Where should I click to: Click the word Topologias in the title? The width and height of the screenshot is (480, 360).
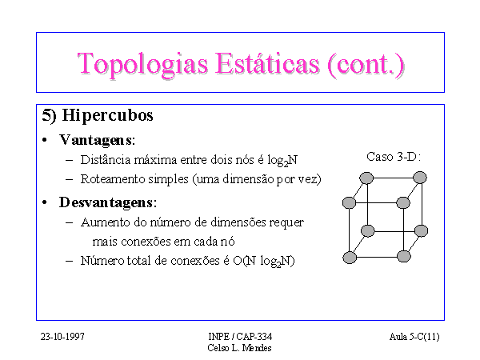pos(142,65)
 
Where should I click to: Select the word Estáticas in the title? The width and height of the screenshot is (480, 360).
pos(267,64)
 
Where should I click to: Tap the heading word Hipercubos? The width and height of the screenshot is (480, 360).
pos(107,116)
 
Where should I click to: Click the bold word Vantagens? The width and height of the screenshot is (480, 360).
pos(97,141)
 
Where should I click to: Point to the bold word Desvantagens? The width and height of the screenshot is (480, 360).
pos(107,202)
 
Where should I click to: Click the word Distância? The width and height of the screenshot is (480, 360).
pos(106,160)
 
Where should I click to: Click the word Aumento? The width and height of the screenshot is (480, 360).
pos(106,222)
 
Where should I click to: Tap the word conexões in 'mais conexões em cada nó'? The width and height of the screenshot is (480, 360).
pos(146,242)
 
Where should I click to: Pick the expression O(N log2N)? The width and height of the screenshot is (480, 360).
pos(263,261)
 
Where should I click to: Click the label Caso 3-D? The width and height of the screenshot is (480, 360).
pos(394,157)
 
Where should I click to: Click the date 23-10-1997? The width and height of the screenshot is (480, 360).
pos(62,337)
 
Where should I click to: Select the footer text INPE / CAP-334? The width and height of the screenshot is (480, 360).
pos(240,337)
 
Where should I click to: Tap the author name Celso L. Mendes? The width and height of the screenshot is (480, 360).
pos(239,348)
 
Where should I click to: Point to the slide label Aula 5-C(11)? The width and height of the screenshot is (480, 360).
pos(414,337)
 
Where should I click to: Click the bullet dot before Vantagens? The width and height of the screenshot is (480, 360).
pos(45,141)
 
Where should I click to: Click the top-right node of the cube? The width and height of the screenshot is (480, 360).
pos(420,178)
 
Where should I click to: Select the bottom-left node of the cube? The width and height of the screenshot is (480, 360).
pos(350,258)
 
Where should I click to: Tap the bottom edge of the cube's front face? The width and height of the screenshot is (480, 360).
pos(377,257)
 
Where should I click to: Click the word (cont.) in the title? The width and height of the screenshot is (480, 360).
pos(366,64)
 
